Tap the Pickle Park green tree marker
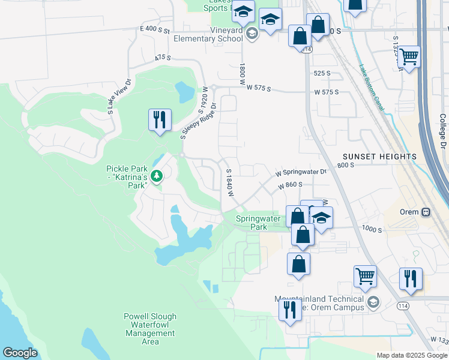pyautogui.click(x=157, y=176)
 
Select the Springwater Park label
pyautogui.click(x=258, y=223)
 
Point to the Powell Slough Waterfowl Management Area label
pyautogui.click(x=150, y=329)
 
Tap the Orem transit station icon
pyautogui.click(x=426, y=212)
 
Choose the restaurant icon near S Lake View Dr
pyautogui.click(x=160, y=120)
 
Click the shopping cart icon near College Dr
pyautogui.click(x=409, y=57)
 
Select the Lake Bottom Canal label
pyautogui.click(x=373, y=86)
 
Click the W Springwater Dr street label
pyautogui.click(x=301, y=172)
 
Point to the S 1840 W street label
pyautogui.click(x=229, y=183)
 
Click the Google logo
pyautogui.click(x=20, y=353)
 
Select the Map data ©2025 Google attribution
pyautogui.click(x=411, y=355)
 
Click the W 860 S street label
pyautogui.click(x=289, y=187)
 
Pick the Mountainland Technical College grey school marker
pyautogui.click(x=373, y=301)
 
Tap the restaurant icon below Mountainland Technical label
pyautogui.click(x=290, y=310)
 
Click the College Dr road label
pyautogui.click(x=442, y=132)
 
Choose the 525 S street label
pyautogui.click(x=322, y=73)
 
